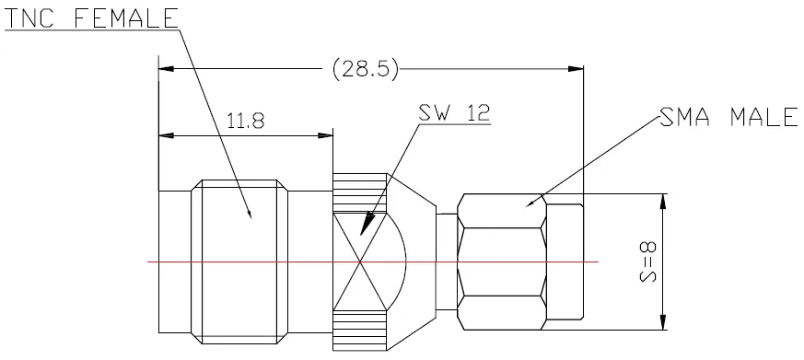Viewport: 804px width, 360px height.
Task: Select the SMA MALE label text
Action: coord(728,118)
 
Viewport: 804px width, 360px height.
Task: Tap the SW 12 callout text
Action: coord(454,113)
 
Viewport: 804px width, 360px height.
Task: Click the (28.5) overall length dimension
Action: coord(365,68)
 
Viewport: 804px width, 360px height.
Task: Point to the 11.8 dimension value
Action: coord(246,122)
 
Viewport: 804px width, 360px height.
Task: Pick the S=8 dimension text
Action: coord(648,261)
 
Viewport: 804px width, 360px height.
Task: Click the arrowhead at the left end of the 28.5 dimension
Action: coord(166,68)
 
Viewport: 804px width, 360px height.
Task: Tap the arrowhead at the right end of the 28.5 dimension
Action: coord(576,68)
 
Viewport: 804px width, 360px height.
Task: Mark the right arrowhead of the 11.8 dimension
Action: coord(326,135)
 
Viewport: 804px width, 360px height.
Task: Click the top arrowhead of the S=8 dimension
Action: coord(663,202)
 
